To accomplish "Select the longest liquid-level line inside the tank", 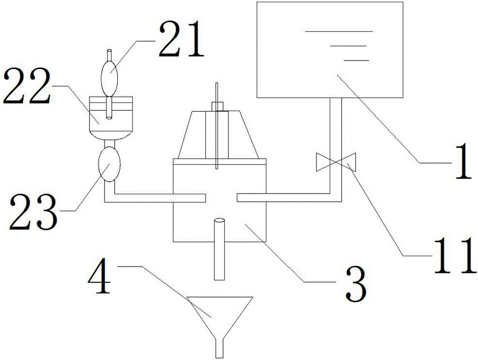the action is [x=338, y=31].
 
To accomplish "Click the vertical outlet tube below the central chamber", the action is [x=220, y=249].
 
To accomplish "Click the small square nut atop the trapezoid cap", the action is [x=217, y=106].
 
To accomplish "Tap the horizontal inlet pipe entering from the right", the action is [x=282, y=197].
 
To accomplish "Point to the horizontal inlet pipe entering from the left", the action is [x=153, y=197].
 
